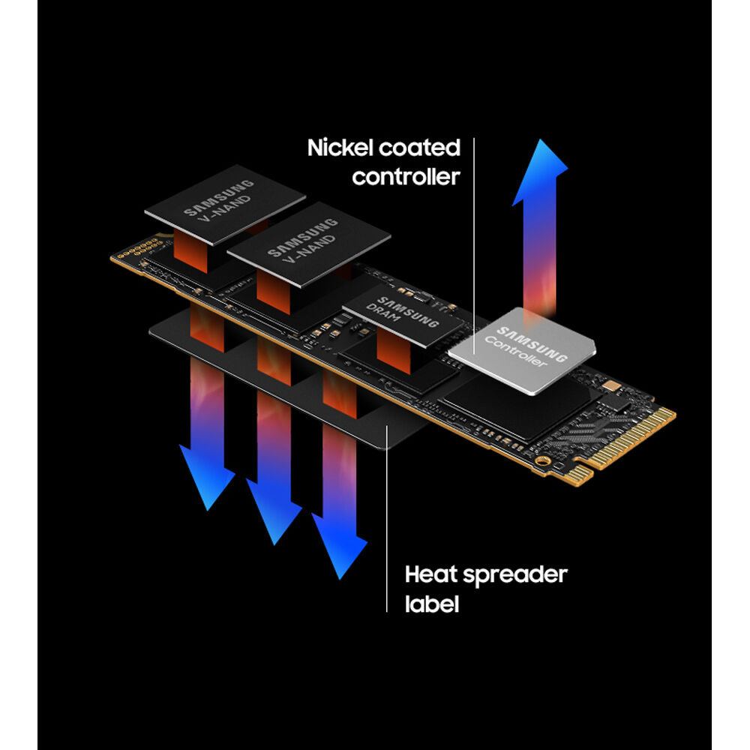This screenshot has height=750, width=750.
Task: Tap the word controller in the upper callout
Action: coord(406,177)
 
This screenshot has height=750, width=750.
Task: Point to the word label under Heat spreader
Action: coord(430,604)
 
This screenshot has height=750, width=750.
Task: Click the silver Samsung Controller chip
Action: coord(522,349)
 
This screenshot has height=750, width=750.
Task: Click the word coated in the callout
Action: coord(419,148)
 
